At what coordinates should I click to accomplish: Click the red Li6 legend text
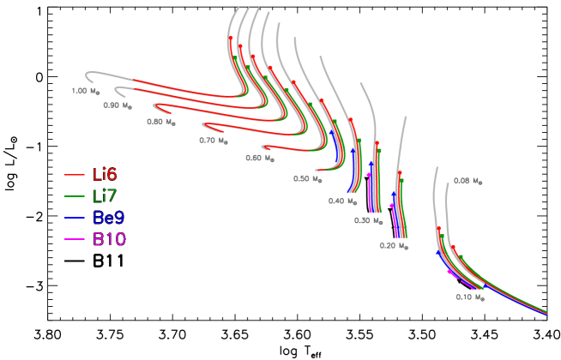click(105, 175)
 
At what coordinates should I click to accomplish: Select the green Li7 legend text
click(105, 196)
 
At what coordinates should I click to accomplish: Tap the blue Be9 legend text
click(108, 218)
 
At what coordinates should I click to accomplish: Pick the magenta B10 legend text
click(109, 239)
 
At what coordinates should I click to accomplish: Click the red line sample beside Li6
click(74, 176)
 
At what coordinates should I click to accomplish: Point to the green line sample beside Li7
click(74, 197)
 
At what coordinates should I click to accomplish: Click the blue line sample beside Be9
click(74, 219)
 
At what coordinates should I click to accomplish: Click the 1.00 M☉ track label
click(86, 90)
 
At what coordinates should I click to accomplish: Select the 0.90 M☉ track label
click(118, 105)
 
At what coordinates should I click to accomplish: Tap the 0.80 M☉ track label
click(160, 122)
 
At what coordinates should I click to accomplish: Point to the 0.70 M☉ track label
click(214, 140)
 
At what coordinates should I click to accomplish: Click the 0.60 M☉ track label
click(260, 158)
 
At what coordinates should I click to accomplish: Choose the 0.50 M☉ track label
click(307, 179)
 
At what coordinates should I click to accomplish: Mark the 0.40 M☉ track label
click(342, 201)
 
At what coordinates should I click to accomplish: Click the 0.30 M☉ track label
click(368, 220)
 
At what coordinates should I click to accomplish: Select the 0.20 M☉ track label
click(394, 245)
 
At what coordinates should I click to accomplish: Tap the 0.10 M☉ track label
click(469, 297)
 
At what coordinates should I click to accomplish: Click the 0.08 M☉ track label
click(467, 181)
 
